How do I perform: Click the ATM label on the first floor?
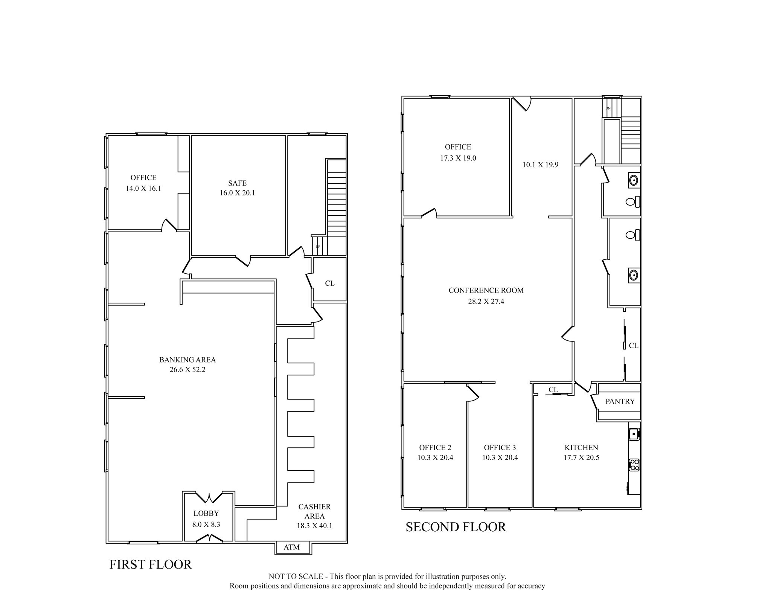pyautogui.click(x=291, y=547)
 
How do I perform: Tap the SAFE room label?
pyautogui.click(x=237, y=183)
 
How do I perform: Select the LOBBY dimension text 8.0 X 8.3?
pyautogui.click(x=206, y=524)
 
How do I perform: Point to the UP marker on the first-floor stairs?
pyautogui.click(x=318, y=247)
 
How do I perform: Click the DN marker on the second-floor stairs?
pyautogui.click(x=608, y=108)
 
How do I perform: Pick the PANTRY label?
pyautogui.click(x=620, y=401)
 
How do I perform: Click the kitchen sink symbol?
pyautogui.click(x=634, y=434)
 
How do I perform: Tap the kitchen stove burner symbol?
pyautogui.click(x=634, y=465)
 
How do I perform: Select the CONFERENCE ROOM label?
pyautogui.click(x=486, y=290)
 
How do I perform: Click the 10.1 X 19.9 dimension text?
pyautogui.click(x=540, y=165)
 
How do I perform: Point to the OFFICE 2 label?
pyautogui.click(x=435, y=448)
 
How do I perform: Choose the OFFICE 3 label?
pyautogui.click(x=500, y=448)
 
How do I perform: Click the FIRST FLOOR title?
pyautogui.click(x=151, y=564)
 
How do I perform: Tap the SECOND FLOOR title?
pyautogui.click(x=456, y=527)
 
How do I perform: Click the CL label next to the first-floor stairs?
pyautogui.click(x=329, y=283)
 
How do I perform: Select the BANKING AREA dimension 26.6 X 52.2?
pyautogui.click(x=187, y=370)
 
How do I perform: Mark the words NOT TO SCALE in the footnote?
pyautogui.click(x=296, y=576)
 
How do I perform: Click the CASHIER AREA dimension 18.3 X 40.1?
pyautogui.click(x=314, y=526)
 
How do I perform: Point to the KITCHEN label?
pyautogui.click(x=581, y=448)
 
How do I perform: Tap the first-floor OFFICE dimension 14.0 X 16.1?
pyautogui.click(x=143, y=189)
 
